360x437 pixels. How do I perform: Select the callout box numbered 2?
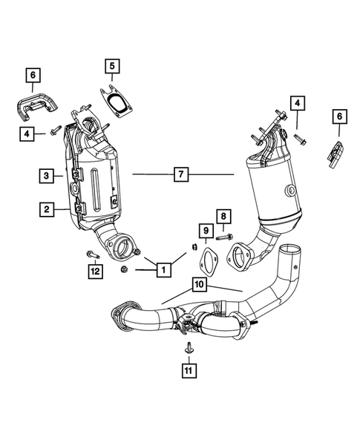tap(46, 211)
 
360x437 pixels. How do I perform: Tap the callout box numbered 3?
tap(46, 176)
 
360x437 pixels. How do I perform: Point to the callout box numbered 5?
tap(112, 69)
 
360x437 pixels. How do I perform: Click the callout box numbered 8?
tap(223, 216)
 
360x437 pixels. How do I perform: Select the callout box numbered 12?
tap(94, 272)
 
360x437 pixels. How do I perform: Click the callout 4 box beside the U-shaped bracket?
tap(27, 133)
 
